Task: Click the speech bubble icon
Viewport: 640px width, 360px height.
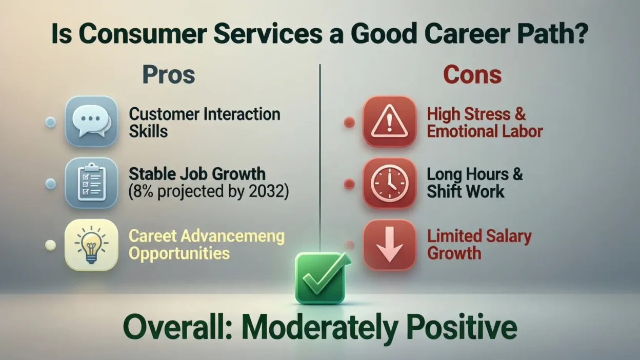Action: click(x=91, y=122)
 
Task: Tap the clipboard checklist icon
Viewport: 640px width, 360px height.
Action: click(x=91, y=183)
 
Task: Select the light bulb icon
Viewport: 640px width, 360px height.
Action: click(x=91, y=245)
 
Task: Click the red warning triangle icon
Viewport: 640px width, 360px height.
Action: click(x=389, y=122)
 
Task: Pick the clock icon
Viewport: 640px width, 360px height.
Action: click(x=389, y=183)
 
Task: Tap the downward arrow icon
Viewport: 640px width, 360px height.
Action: click(x=389, y=245)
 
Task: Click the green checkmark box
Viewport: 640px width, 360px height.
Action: click(x=322, y=278)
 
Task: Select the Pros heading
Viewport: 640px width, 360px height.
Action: click(x=169, y=75)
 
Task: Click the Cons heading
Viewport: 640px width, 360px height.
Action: click(x=472, y=75)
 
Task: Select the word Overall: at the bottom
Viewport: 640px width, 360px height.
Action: click(x=177, y=327)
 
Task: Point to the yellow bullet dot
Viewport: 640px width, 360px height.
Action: click(x=51, y=245)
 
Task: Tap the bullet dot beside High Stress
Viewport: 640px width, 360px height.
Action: click(x=349, y=122)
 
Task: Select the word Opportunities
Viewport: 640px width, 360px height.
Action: click(x=179, y=254)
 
